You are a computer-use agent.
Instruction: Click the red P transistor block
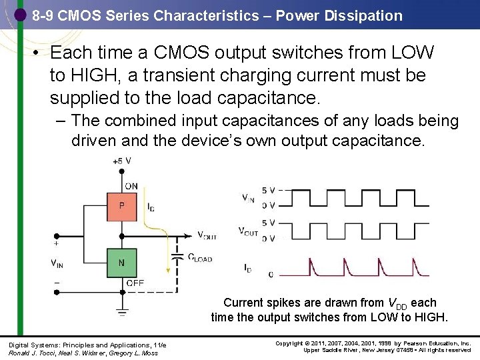[121, 207]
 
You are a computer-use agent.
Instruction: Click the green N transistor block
[121, 263]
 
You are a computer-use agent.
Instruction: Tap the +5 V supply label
[121, 161]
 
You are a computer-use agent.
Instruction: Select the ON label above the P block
[131, 186]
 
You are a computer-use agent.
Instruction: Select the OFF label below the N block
[135, 283]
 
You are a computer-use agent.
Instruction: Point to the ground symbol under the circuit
[121, 311]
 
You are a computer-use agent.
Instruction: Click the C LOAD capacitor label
[199, 258]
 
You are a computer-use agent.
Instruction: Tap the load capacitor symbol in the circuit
[177, 256]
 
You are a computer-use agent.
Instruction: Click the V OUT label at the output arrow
[207, 235]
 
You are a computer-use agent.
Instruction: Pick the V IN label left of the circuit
[57, 263]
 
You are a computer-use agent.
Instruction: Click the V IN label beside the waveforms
[247, 197]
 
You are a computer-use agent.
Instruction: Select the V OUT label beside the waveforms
[249, 231]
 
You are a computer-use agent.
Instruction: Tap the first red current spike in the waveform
[311, 267]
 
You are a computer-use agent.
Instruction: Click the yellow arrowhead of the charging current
[167, 270]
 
